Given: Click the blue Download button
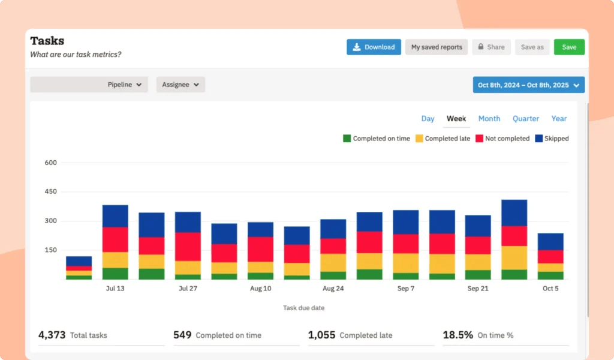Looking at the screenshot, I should click(374, 47).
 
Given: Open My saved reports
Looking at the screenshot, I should click(437, 47).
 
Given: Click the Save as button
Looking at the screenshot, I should click(532, 47).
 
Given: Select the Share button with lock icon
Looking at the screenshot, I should click(490, 47).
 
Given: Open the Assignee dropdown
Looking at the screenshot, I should click(180, 85).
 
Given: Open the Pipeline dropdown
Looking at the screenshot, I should click(89, 85).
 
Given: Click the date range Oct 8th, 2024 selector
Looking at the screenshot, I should click(528, 85).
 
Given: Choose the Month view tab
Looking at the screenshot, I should click(489, 119).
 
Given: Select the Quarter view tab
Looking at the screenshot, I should click(526, 119).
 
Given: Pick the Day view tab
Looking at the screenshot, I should click(428, 119).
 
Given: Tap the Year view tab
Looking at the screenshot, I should click(559, 119).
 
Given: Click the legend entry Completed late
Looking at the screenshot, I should click(443, 139).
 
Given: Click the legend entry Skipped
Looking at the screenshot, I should click(552, 139).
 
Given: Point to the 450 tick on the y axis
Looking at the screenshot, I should click(50, 192).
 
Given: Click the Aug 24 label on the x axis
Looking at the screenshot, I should click(333, 289).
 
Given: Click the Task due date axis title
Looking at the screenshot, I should click(303, 308).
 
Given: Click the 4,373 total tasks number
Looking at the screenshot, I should click(52, 335).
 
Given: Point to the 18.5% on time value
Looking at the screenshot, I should click(458, 335).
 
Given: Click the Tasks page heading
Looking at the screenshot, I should click(47, 41).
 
